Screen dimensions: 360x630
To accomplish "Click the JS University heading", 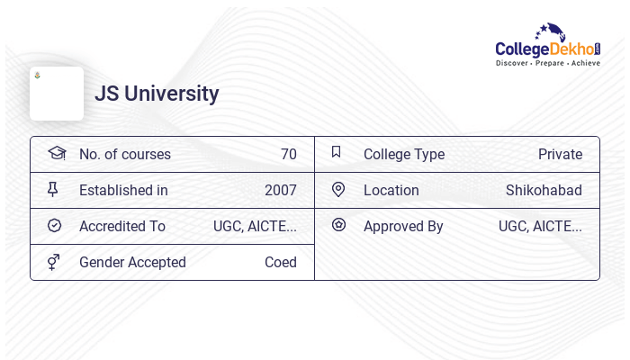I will [x=157, y=94].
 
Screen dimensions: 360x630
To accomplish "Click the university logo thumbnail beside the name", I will [x=57, y=94].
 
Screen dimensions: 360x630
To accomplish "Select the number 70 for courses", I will [x=288, y=154].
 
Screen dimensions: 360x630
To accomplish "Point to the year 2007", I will [x=280, y=190].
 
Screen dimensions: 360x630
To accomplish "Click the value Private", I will [x=560, y=154].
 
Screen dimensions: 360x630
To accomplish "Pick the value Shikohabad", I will [x=544, y=190].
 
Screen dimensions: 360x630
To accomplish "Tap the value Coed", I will [x=280, y=262].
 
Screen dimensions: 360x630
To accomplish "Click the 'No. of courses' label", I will [x=124, y=154].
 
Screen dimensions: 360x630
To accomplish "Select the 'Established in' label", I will [x=123, y=190].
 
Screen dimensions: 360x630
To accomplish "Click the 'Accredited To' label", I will [x=122, y=226].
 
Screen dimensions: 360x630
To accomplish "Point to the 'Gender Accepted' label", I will [x=132, y=262].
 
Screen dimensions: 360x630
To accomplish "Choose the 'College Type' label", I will [x=404, y=154].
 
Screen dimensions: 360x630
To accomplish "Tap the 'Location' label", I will [x=391, y=190].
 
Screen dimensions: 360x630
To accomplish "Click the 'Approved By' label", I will [x=403, y=226].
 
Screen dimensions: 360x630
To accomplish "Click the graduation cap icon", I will [x=56, y=153].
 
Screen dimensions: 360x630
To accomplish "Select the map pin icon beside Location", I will [x=338, y=189].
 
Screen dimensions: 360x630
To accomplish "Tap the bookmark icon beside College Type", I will [x=337, y=152].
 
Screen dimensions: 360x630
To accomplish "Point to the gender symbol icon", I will [x=54, y=262].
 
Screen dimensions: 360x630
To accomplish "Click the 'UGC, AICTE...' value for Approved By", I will [x=540, y=226].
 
